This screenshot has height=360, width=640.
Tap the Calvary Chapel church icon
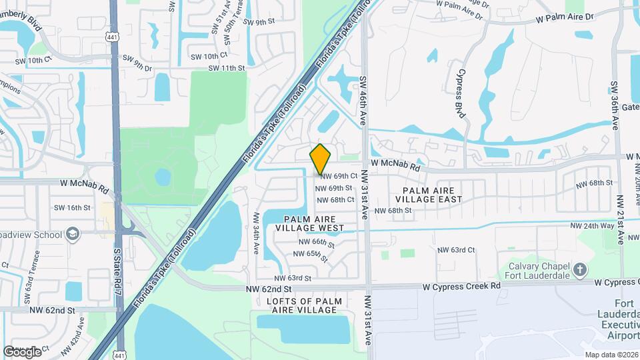580,269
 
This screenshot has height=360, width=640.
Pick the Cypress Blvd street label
459,92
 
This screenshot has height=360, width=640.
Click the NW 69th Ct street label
339,176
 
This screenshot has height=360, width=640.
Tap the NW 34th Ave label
255,233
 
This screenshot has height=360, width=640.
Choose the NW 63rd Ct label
455,250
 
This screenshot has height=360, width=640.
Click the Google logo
22,351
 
